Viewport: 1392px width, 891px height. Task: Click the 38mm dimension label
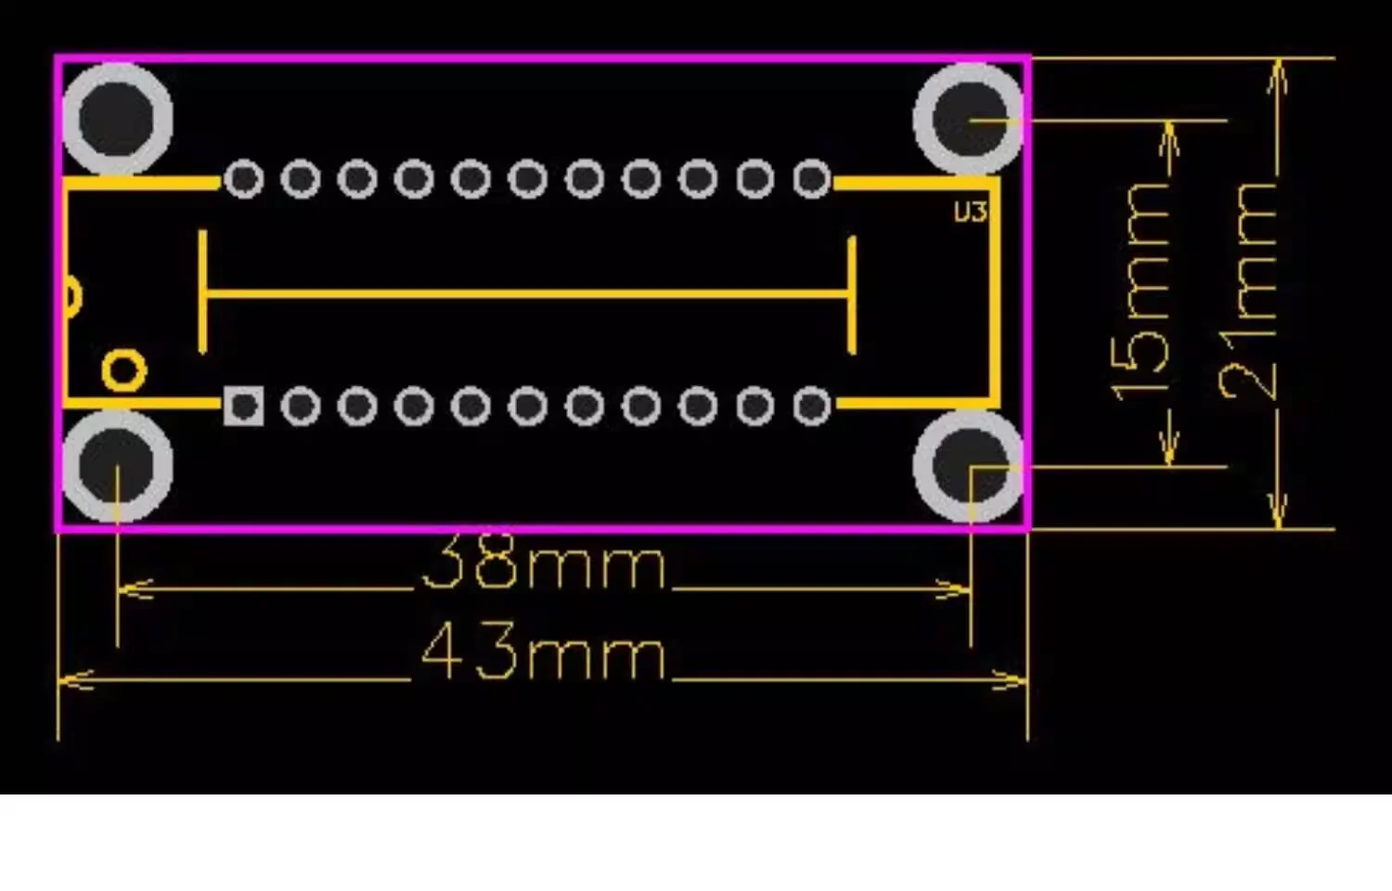click(x=543, y=562)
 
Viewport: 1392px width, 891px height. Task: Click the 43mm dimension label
click(x=543, y=652)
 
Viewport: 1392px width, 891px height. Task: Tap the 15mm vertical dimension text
click(x=1141, y=292)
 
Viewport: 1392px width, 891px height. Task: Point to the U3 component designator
click(x=970, y=213)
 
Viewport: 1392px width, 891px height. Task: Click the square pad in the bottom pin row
click(x=243, y=407)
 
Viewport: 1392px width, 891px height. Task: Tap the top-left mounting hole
click(x=117, y=118)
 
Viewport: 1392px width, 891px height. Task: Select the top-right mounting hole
click(x=968, y=118)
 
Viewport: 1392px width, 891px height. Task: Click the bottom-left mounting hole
click(x=117, y=466)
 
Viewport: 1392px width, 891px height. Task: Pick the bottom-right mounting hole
click(x=968, y=466)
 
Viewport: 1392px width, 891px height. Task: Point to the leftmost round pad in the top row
click(x=243, y=179)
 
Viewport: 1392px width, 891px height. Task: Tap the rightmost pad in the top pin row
click(x=812, y=179)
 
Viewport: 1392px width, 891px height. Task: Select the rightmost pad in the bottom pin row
click(x=812, y=407)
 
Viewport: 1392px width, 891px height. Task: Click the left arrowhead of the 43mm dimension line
click(x=74, y=679)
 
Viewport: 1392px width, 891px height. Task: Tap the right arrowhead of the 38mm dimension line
click(x=953, y=589)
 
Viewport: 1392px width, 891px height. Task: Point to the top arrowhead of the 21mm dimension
click(x=1277, y=78)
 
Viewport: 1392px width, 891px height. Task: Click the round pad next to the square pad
click(x=301, y=407)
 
